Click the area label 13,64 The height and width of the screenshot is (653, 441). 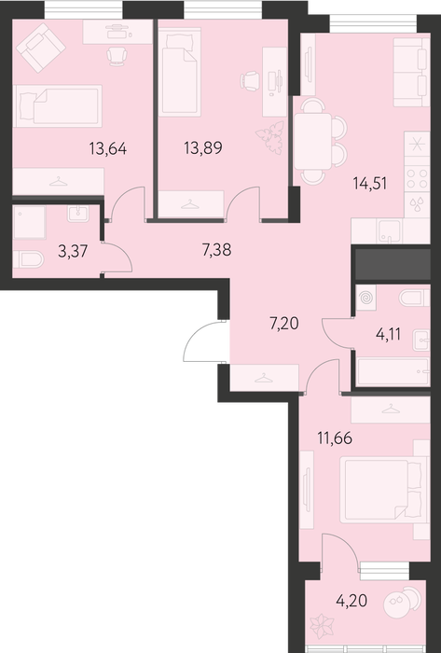108,148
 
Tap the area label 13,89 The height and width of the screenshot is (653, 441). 203,147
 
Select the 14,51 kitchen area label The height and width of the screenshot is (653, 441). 370,183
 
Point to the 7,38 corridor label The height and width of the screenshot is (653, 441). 216,250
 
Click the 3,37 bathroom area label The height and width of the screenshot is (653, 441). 73,252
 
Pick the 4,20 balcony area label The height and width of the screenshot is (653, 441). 351,601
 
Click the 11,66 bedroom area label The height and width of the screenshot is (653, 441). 335,438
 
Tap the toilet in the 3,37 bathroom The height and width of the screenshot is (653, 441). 28,260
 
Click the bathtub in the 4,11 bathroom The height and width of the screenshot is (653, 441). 393,372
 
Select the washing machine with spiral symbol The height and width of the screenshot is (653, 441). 366,298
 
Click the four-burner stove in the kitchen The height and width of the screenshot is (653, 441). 418,179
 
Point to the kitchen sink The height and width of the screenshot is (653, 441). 390,231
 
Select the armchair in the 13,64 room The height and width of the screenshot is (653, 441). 41,47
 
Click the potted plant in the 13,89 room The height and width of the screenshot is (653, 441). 270,137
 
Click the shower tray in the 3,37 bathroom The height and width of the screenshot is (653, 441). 30,222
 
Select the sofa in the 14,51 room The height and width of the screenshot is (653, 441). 412,72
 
